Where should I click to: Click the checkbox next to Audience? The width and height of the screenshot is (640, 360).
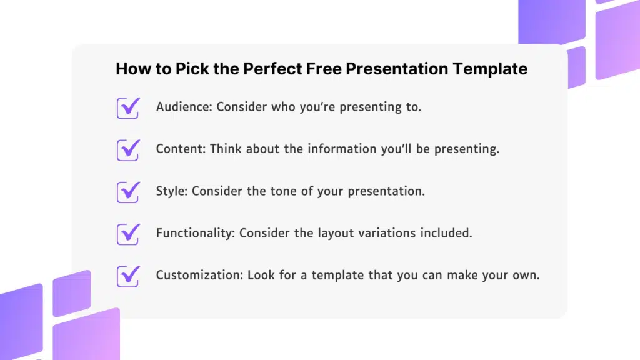click(128, 107)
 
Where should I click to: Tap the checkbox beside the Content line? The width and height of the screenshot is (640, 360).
click(128, 150)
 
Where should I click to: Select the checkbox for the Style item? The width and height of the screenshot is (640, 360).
click(128, 192)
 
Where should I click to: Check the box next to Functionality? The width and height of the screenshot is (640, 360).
click(128, 234)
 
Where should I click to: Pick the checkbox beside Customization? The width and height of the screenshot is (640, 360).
click(128, 276)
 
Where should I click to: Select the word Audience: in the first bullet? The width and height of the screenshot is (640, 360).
click(184, 107)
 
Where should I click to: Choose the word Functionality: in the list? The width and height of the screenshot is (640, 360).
click(196, 233)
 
